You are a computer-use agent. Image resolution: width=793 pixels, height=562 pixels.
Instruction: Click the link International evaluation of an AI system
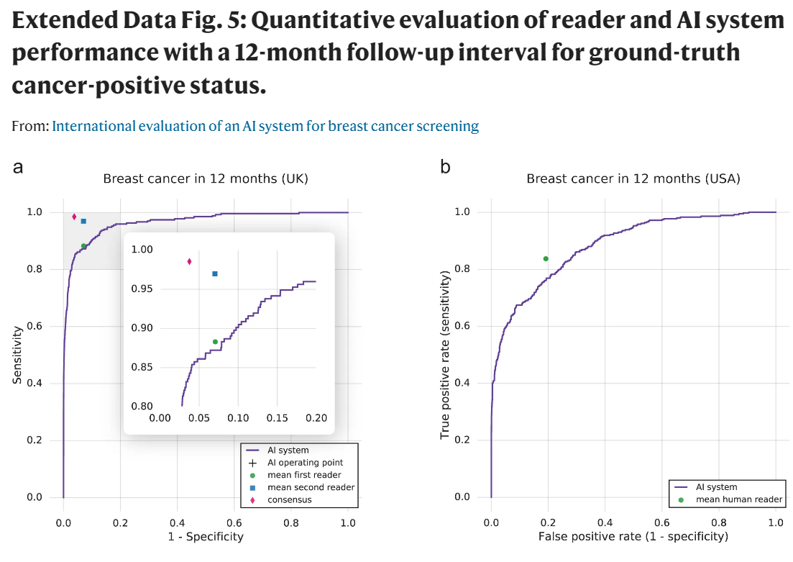click(265, 126)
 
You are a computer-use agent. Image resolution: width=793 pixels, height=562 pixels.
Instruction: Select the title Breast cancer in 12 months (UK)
click(206, 178)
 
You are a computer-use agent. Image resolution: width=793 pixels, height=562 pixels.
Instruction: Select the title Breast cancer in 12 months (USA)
click(633, 178)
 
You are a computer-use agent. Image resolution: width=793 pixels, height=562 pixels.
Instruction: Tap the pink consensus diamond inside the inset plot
click(189, 261)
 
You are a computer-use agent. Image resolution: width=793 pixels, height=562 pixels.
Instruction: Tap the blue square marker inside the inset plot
click(214, 273)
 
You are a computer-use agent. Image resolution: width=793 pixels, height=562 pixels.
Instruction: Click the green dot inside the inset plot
click(215, 342)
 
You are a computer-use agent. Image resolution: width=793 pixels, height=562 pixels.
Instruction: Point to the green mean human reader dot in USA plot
click(546, 258)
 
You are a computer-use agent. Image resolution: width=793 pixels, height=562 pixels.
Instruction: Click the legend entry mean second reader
click(311, 487)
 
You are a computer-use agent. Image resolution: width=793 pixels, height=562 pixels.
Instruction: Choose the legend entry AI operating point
click(305, 463)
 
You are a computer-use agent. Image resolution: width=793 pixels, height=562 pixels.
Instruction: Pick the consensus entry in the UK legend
click(289, 499)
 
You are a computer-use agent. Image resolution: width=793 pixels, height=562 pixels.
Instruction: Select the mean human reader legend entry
click(730, 499)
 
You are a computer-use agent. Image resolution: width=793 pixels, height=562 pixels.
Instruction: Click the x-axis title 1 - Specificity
click(206, 536)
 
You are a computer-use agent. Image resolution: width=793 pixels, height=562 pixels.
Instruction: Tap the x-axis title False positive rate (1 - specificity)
click(633, 536)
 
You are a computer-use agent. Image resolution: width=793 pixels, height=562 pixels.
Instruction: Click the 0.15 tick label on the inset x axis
click(278, 418)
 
